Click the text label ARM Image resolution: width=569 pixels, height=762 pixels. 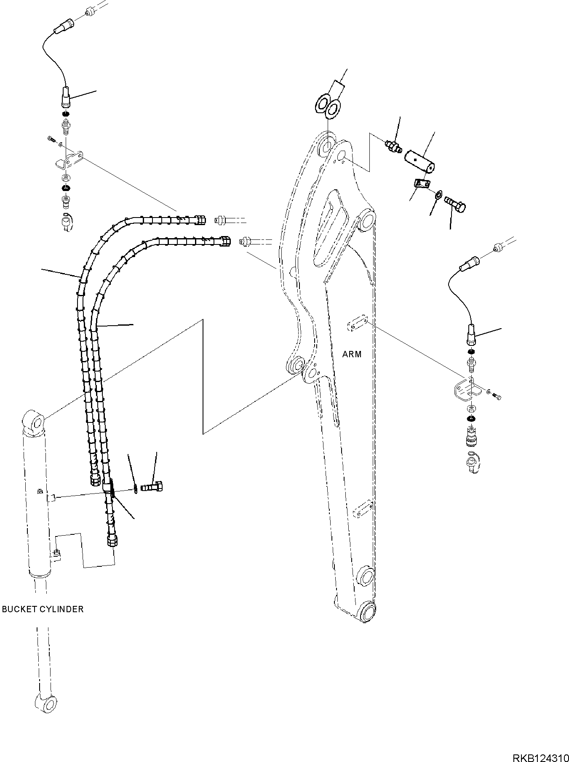click(x=352, y=354)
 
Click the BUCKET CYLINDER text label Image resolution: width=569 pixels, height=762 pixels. click(x=43, y=609)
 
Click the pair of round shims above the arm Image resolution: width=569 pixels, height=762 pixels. click(x=329, y=105)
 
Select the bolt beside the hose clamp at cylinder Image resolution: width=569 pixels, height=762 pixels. click(x=154, y=487)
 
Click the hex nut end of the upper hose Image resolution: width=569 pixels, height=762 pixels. click(x=200, y=219)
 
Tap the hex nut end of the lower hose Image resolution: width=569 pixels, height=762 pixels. click(x=225, y=241)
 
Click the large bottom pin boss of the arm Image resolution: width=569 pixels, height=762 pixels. click(x=368, y=611)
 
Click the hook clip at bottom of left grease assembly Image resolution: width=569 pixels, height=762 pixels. click(x=67, y=221)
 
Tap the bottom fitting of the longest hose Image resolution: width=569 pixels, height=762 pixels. click(x=112, y=542)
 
